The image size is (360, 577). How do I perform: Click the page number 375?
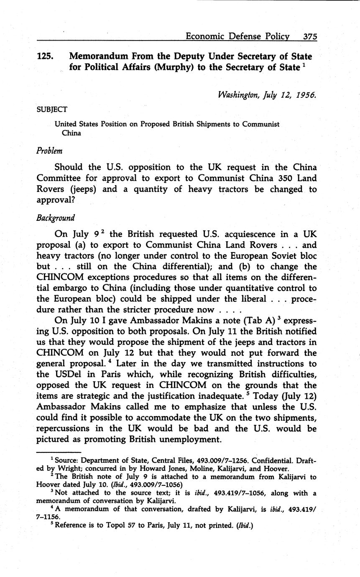point(310,36)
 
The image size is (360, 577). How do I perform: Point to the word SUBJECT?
point(52,110)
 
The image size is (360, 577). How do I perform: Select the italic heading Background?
point(56,218)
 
